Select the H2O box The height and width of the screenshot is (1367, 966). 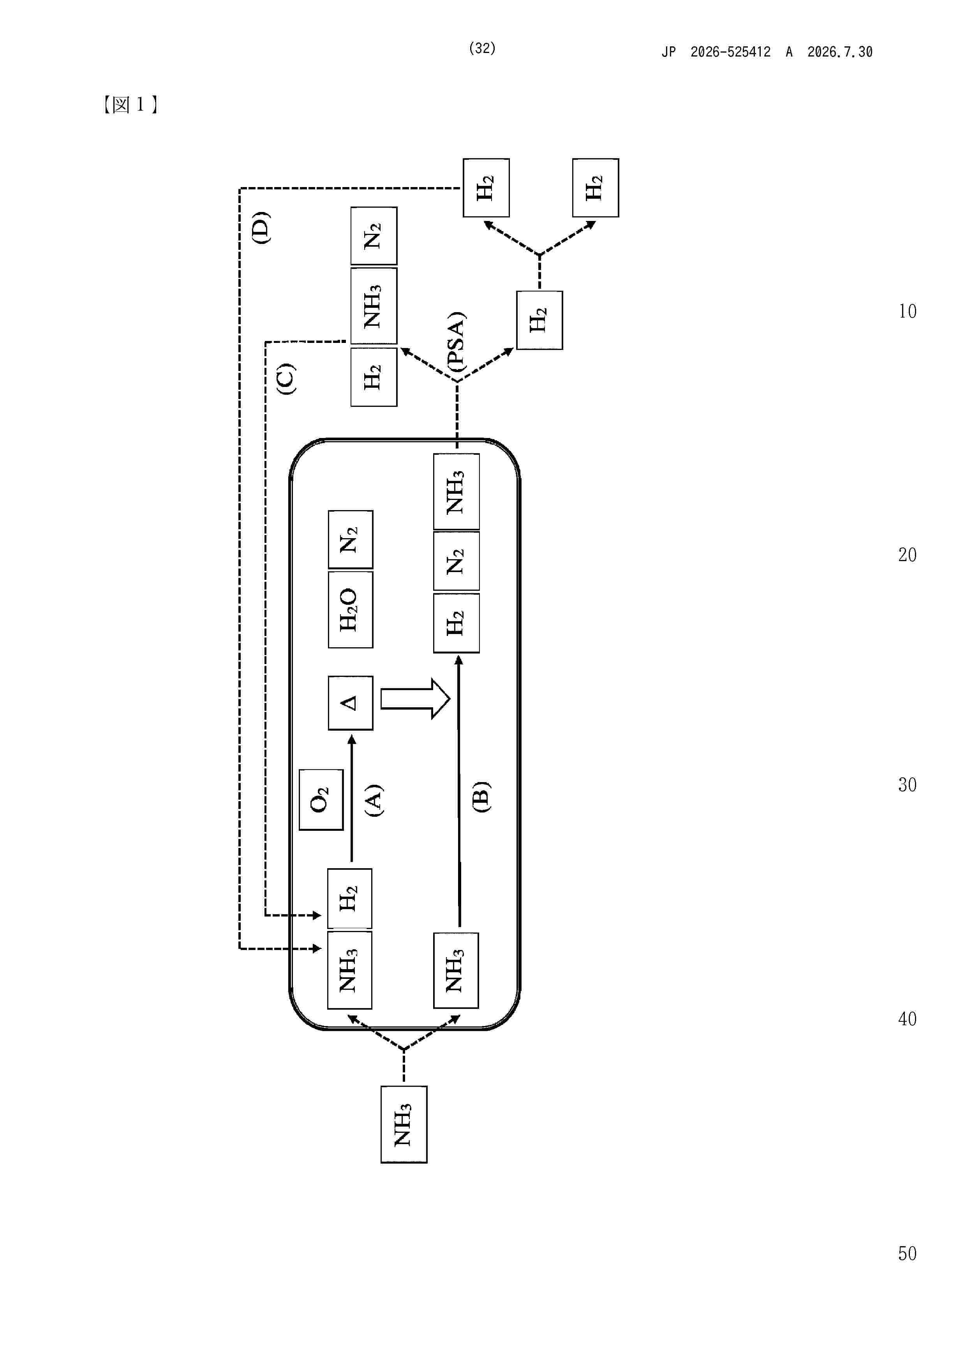[351, 610]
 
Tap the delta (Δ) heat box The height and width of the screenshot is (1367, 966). [351, 703]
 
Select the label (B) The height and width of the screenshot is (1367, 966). [481, 797]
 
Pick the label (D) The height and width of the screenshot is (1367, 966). [261, 228]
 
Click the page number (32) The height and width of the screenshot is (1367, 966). [482, 48]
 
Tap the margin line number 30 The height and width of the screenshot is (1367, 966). [907, 785]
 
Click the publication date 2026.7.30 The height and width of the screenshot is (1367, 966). [840, 52]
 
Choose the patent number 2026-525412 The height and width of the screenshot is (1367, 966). [730, 52]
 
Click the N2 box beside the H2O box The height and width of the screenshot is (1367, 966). [351, 539]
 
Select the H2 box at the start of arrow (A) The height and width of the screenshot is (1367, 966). [350, 899]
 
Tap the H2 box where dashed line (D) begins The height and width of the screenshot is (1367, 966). [486, 187]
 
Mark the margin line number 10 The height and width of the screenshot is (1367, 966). [907, 311]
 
